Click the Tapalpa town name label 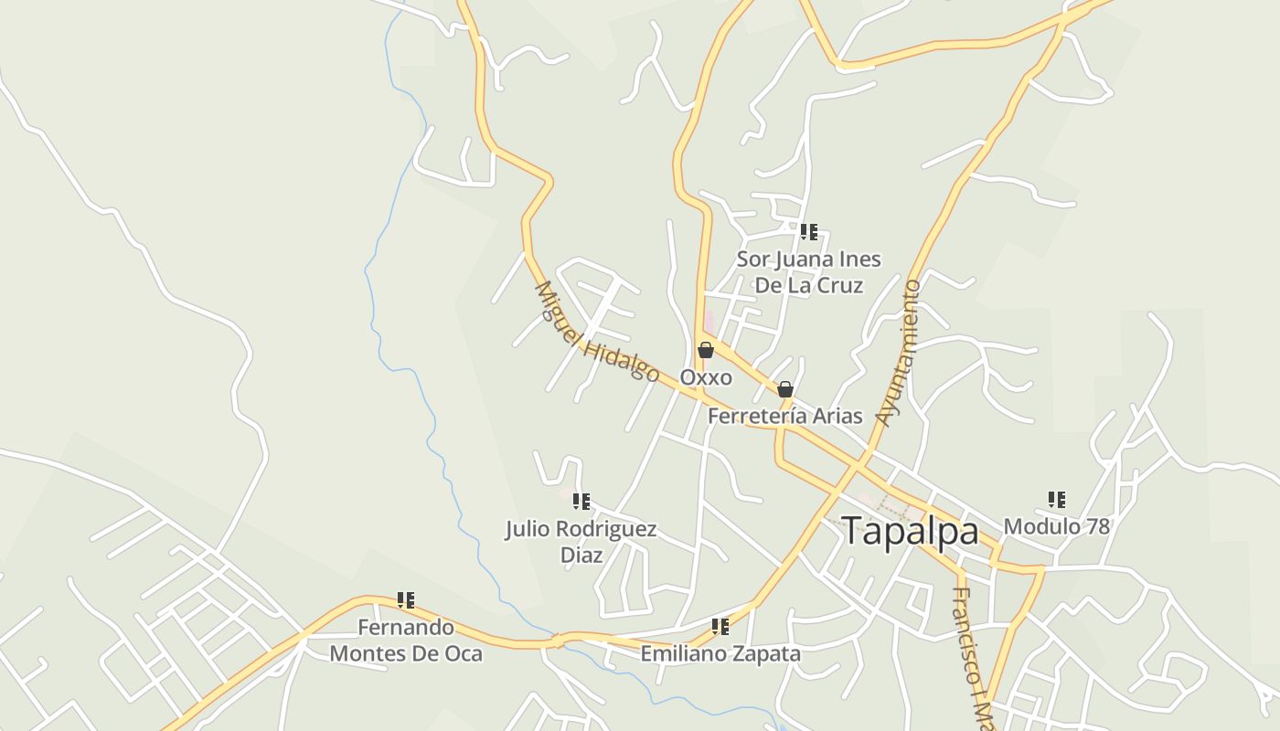click(x=910, y=531)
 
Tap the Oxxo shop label click(x=706, y=377)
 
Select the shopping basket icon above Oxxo click(x=706, y=350)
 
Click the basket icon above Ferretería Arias click(x=784, y=390)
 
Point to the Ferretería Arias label click(x=785, y=416)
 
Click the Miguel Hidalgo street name click(x=596, y=331)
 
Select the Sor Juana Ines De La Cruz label click(x=809, y=272)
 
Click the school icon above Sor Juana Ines click(x=809, y=232)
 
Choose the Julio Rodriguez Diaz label click(x=581, y=541)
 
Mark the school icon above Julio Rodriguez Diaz click(x=581, y=502)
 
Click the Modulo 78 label click(x=1056, y=526)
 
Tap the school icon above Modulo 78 click(x=1057, y=500)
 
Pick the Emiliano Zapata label click(x=720, y=653)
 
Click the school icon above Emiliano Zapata click(x=720, y=627)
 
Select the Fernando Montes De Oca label click(x=406, y=641)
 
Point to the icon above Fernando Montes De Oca click(x=406, y=600)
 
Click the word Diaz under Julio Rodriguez click(x=581, y=555)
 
